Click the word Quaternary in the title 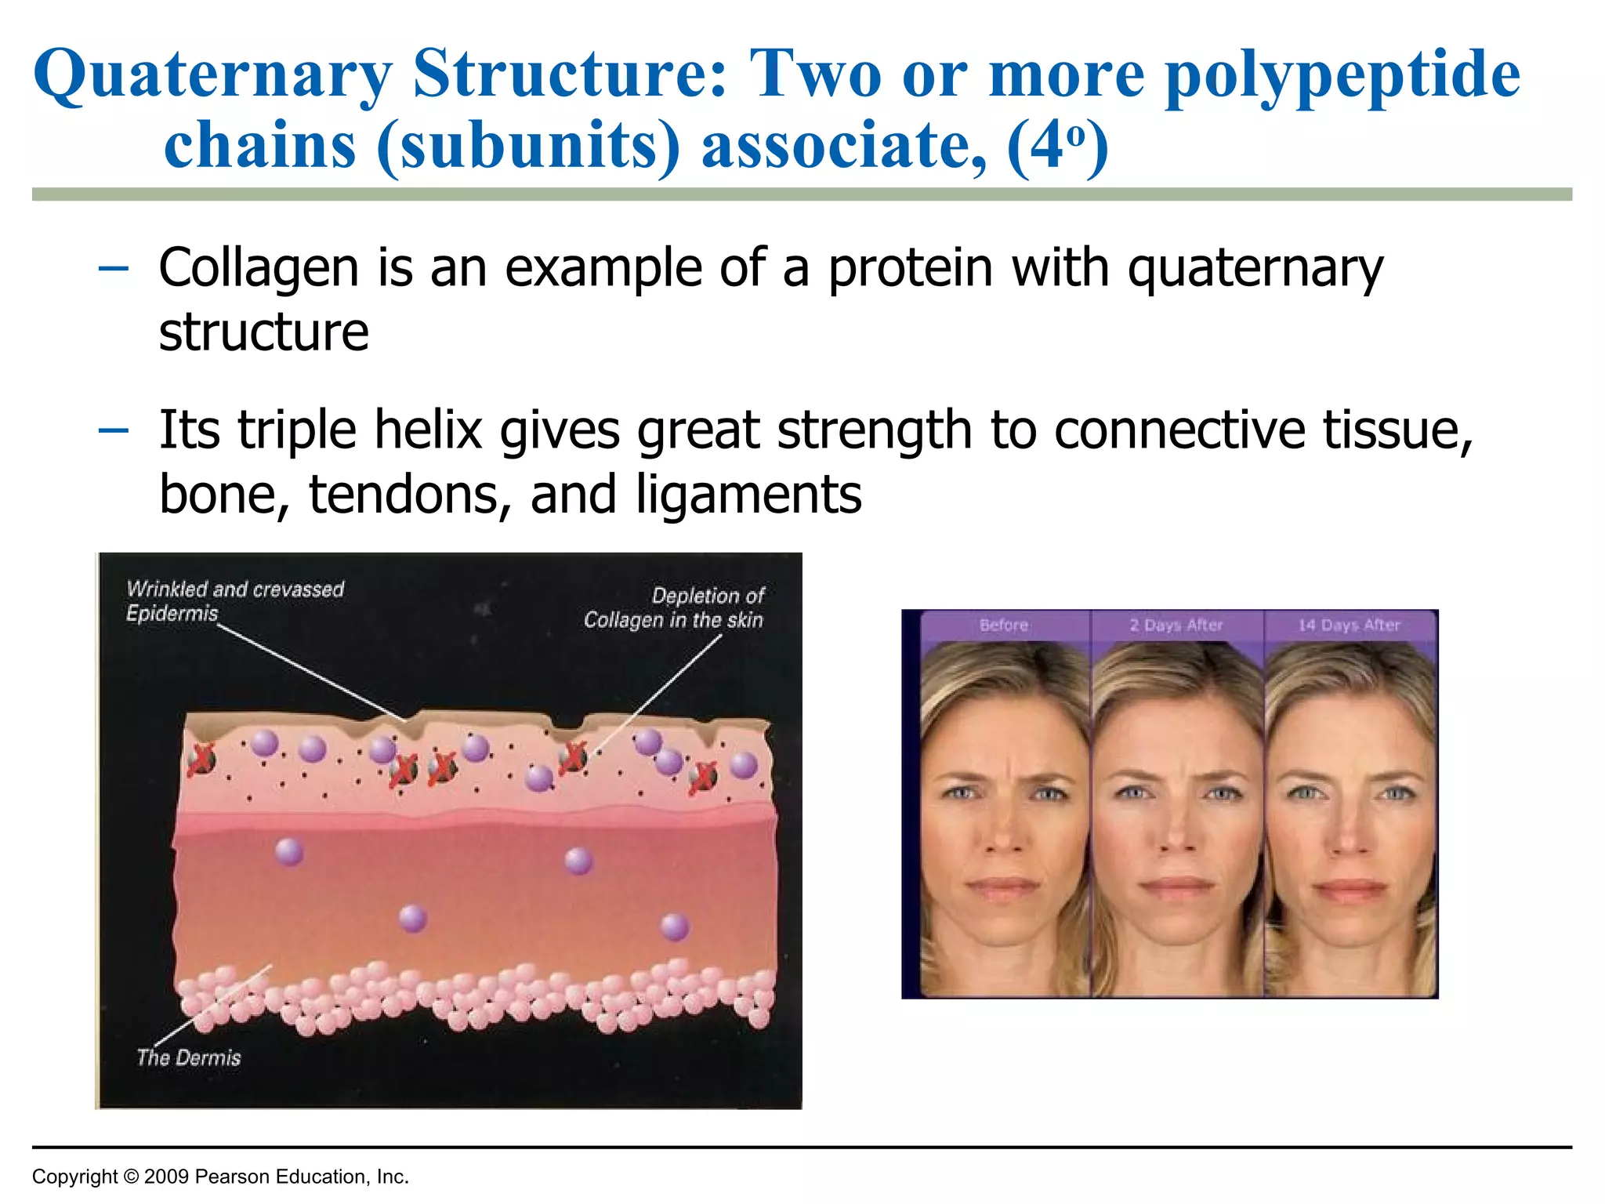coord(212,75)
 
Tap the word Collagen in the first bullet coord(259,268)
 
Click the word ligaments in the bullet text coord(748,495)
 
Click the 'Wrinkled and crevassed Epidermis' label coord(234,600)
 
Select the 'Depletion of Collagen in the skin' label coord(674,607)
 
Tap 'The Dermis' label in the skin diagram coord(189,1058)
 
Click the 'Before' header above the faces coord(1004,626)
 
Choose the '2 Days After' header coord(1176,626)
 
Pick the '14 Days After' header coord(1349,626)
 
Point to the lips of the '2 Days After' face coord(1176,886)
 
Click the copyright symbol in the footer coord(131,1177)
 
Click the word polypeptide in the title coord(1342,75)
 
